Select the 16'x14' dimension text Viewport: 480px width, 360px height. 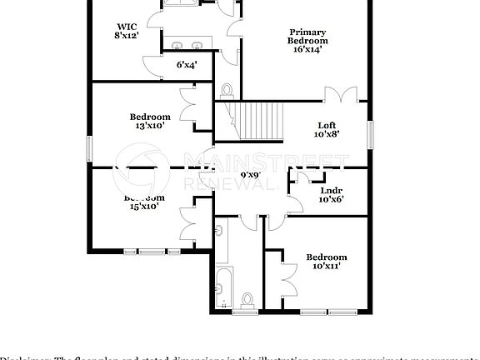pos(307,49)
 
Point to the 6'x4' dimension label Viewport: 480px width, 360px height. pos(186,64)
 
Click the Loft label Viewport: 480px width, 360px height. pos(327,125)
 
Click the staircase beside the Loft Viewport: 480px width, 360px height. pos(259,121)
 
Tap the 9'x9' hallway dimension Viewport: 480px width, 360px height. pos(251,175)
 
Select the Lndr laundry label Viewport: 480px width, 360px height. pos(331,190)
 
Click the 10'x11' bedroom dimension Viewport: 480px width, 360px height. pos(326,267)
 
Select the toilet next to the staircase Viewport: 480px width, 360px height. pos(227,90)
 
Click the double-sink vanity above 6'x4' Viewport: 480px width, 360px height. pos(187,46)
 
